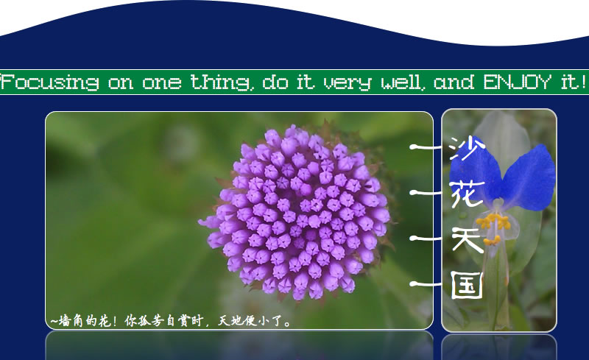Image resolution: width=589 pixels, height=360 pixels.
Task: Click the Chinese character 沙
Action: [467, 148]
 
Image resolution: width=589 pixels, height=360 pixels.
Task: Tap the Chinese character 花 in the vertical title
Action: [468, 193]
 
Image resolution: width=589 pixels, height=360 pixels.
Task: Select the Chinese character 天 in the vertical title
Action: [467, 239]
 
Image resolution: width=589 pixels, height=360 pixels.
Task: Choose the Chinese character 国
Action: [467, 284]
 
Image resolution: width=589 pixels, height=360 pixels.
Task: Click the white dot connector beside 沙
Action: [414, 147]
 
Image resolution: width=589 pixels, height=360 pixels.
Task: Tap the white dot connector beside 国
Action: [414, 284]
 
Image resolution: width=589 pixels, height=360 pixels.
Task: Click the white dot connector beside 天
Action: [414, 239]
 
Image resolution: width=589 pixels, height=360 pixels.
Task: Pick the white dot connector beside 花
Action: [414, 192]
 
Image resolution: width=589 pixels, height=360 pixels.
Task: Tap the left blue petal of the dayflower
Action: [474, 174]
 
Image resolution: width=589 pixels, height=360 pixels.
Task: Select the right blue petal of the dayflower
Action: [529, 177]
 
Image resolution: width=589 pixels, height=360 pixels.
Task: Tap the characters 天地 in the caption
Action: [229, 320]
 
